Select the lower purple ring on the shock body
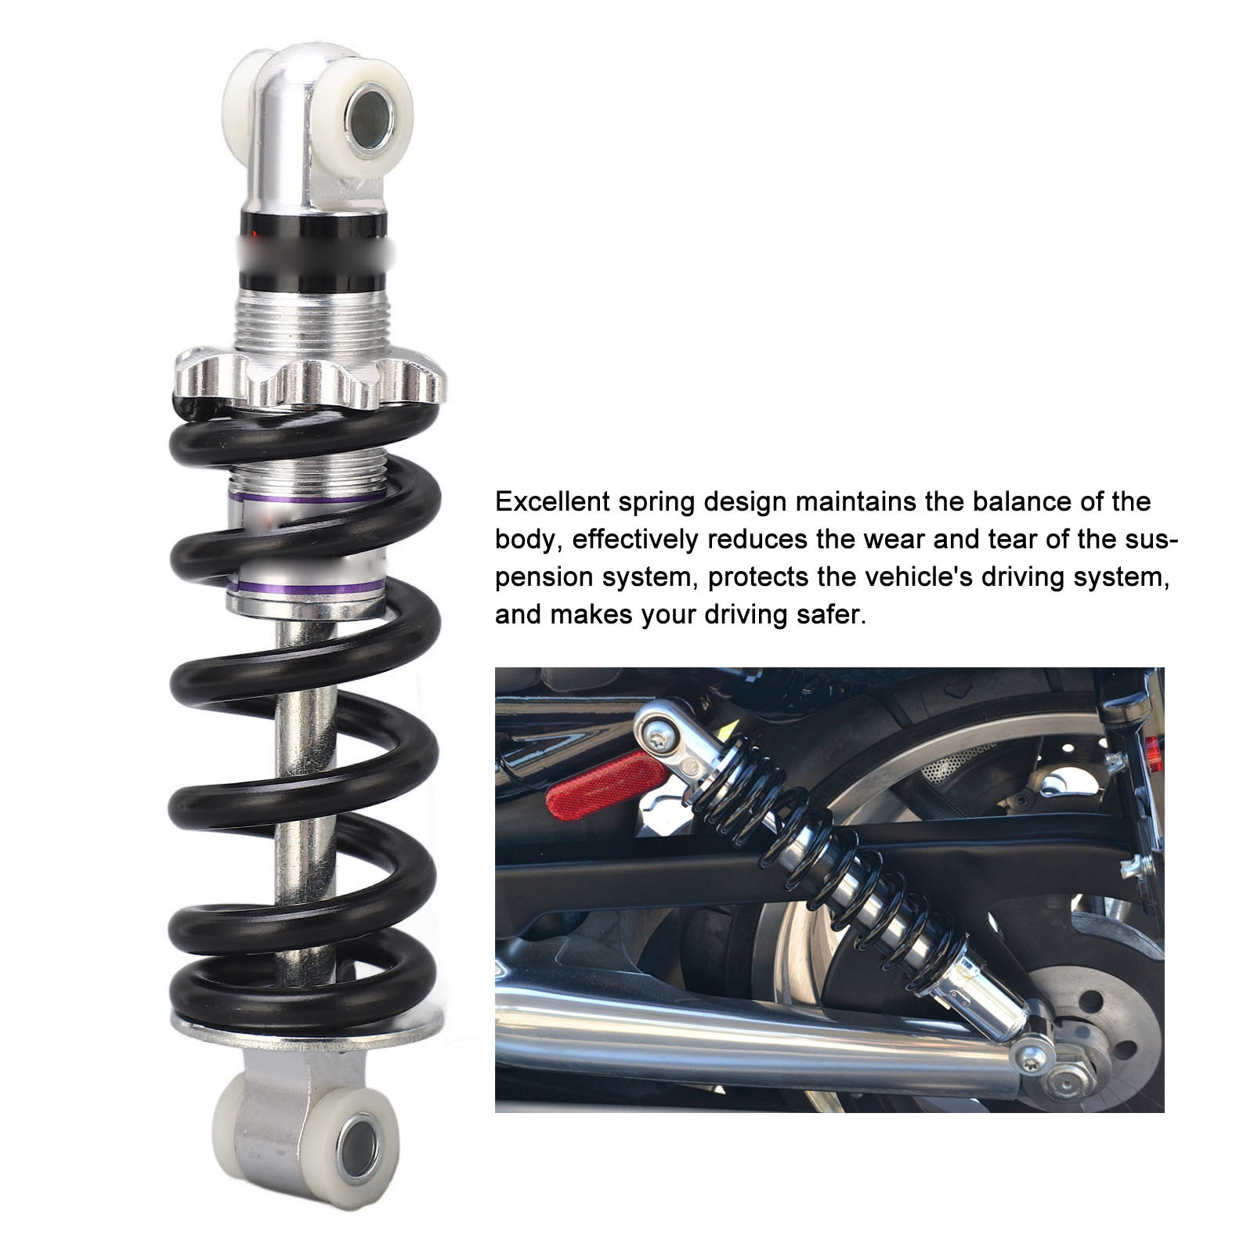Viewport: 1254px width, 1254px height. pyautogui.click(x=305, y=587)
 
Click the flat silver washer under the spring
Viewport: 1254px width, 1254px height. pyautogui.click(x=305, y=1028)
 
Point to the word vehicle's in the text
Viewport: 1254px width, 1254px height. pyautogui.click(x=898, y=577)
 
